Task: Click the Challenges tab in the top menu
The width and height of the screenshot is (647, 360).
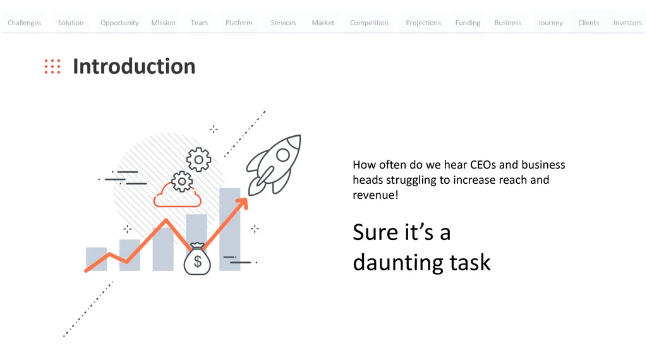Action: click(x=25, y=23)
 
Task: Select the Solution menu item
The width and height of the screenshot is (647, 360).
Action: click(x=71, y=23)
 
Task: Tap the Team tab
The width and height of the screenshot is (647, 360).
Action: click(x=199, y=23)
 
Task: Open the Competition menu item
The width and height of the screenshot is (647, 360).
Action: click(x=369, y=23)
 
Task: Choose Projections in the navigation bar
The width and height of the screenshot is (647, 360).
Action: click(x=423, y=23)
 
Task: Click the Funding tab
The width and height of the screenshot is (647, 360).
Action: click(x=468, y=23)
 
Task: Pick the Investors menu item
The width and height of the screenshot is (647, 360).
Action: click(x=627, y=23)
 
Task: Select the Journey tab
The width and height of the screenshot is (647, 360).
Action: click(x=550, y=23)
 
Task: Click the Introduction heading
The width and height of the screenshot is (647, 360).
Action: click(x=134, y=66)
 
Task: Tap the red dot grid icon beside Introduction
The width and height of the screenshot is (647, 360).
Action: click(x=52, y=66)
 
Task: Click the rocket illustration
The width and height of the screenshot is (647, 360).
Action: click(x=274, y=165)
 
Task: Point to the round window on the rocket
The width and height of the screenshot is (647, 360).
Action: click(x=283, y=155)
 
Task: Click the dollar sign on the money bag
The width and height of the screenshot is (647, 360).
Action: click(x=198, y=261)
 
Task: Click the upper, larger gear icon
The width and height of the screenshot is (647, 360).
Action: click(x=198, y=160)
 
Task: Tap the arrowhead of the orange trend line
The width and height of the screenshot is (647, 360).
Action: click(x=243, y=203)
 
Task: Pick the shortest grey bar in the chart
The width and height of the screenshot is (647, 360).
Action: click(x=96, y=259)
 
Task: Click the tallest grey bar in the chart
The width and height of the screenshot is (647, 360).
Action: click(x=230, y=229)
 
